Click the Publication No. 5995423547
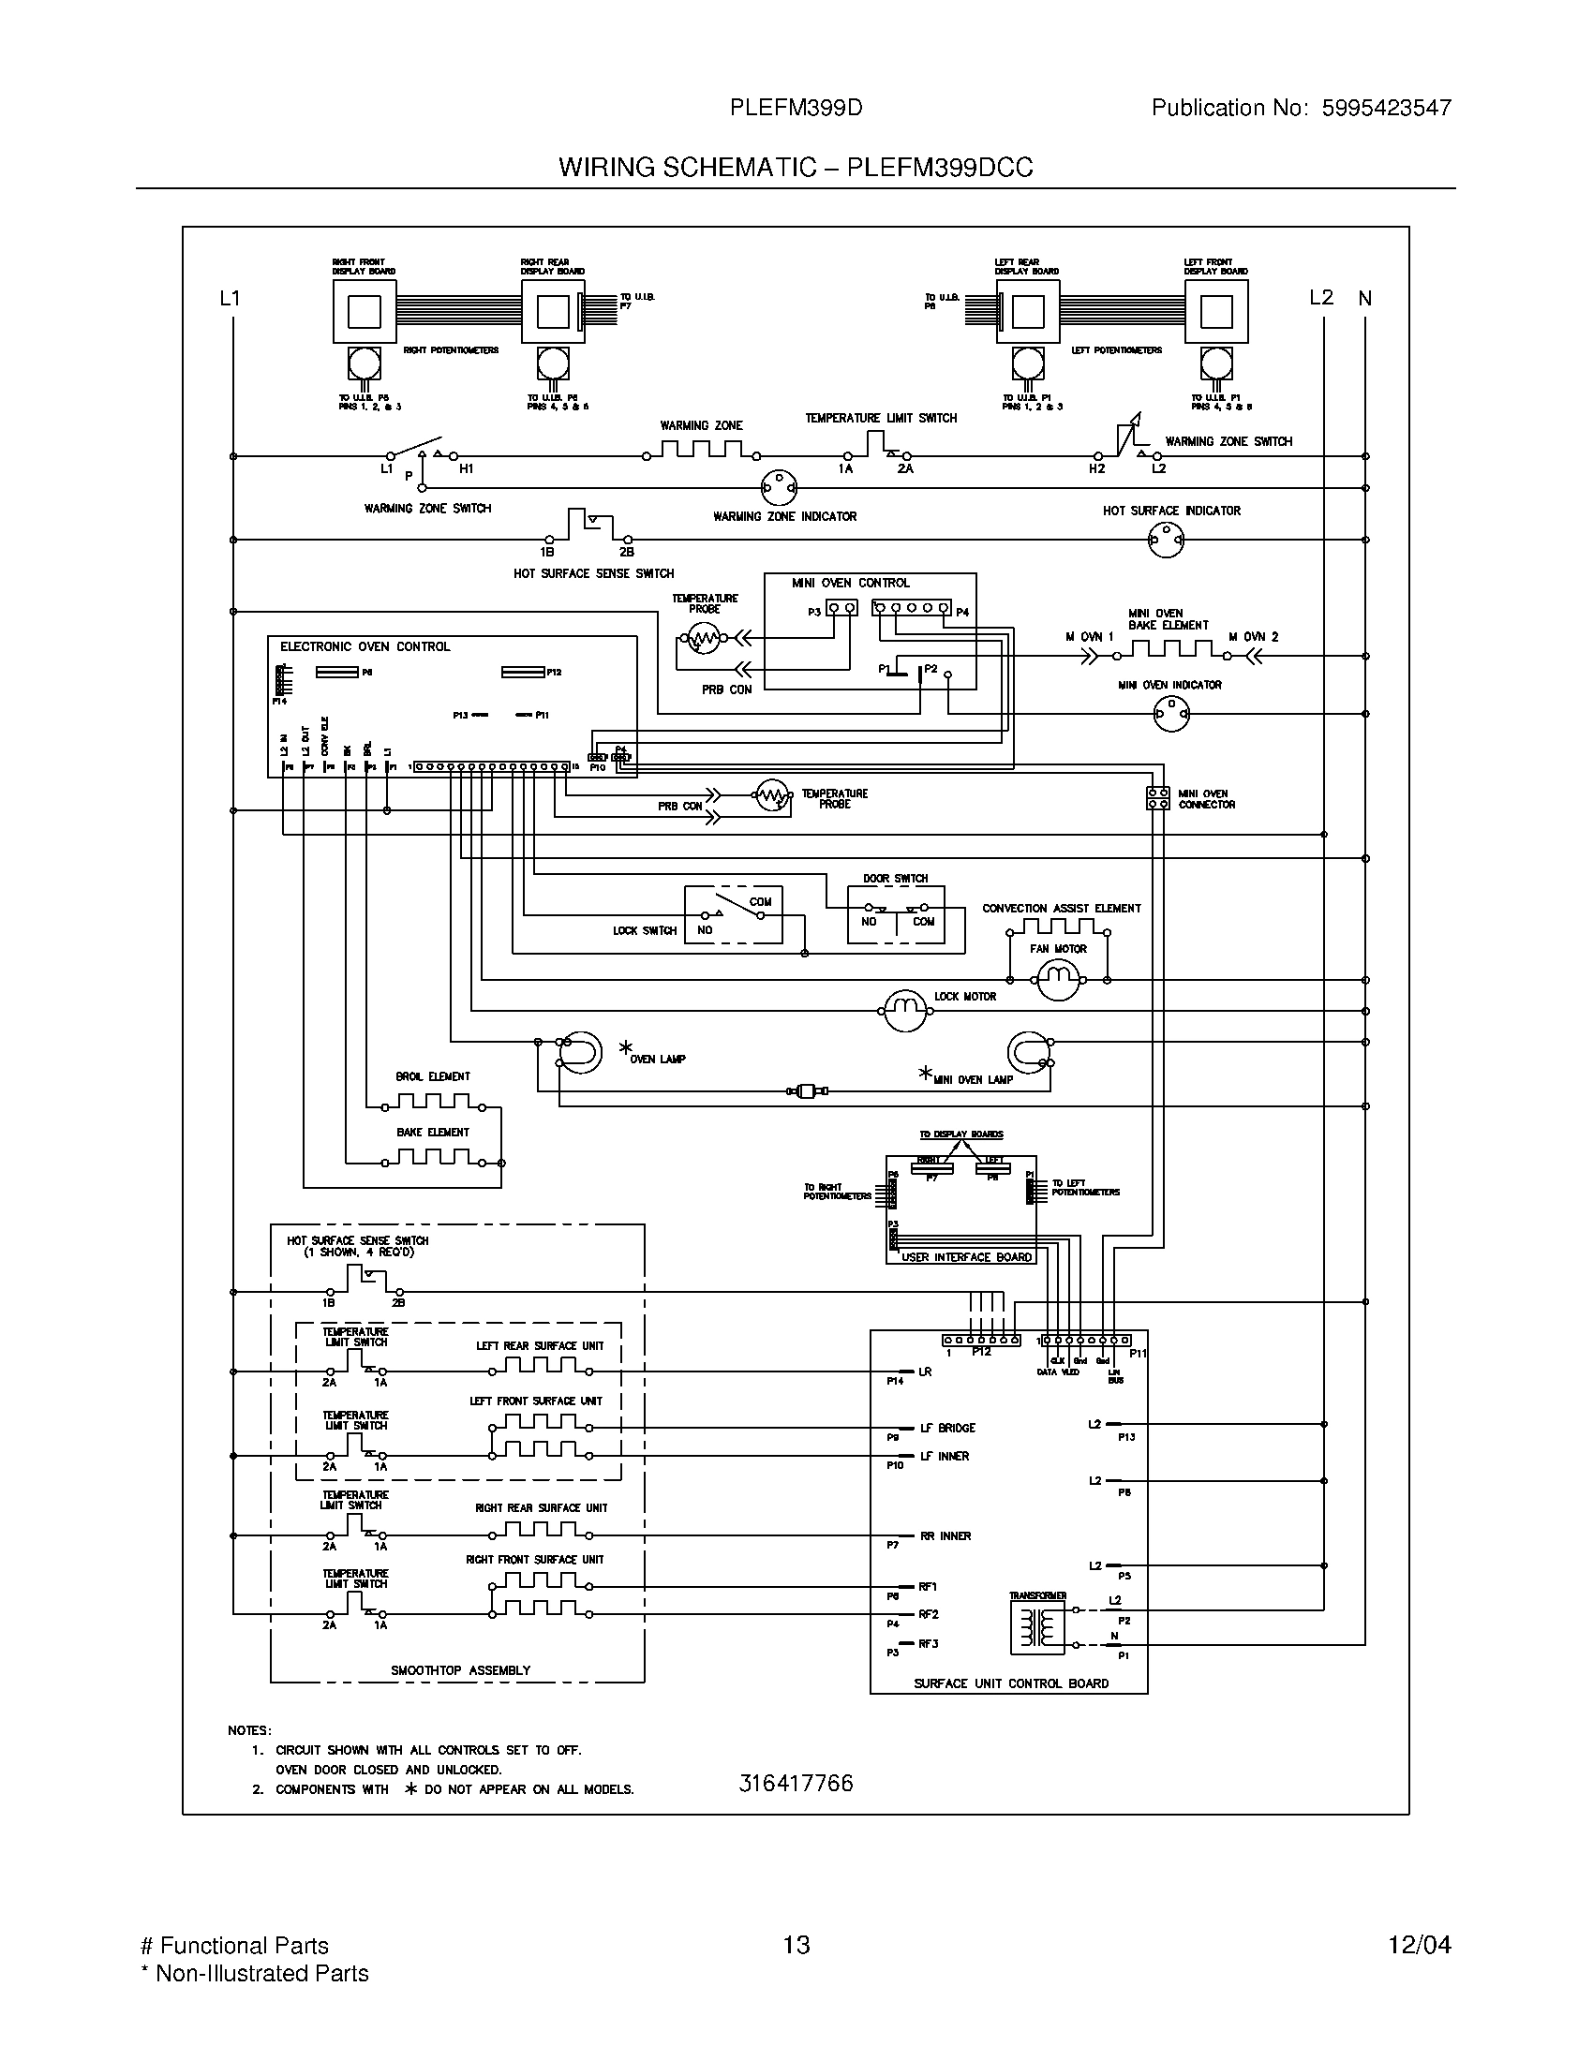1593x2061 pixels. [x=1301, y=108]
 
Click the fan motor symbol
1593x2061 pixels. [x=1058, y=982]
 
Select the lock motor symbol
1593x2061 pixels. [x=905, y=1011]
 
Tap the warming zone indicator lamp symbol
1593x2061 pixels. [x=779, y=488]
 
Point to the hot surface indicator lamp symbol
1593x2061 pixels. [x=1166, y=540]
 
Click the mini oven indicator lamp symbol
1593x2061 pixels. [x=1171, y=715]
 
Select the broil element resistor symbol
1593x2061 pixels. [x=433, y=1102]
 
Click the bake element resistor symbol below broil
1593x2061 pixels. [x=433, y=1157]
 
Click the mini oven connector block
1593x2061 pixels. [x=1158, y=798]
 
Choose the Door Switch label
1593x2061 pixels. [x=895, y=879]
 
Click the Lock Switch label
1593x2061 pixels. [x=645, y=931]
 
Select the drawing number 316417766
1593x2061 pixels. [x=796, y=1783]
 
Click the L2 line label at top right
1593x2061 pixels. [x=1321, y=298]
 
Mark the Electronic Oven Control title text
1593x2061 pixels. [x=365, y=646]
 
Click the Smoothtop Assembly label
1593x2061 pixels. [x=460, y=1670]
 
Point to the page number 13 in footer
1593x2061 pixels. [x=796, y=1945]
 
